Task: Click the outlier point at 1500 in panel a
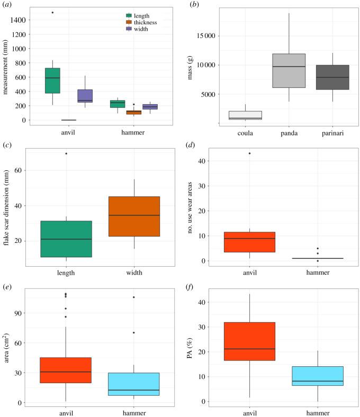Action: [x=52, y=12]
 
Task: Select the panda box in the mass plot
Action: [x=289, y=70]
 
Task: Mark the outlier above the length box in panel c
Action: [x=66, y=153]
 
